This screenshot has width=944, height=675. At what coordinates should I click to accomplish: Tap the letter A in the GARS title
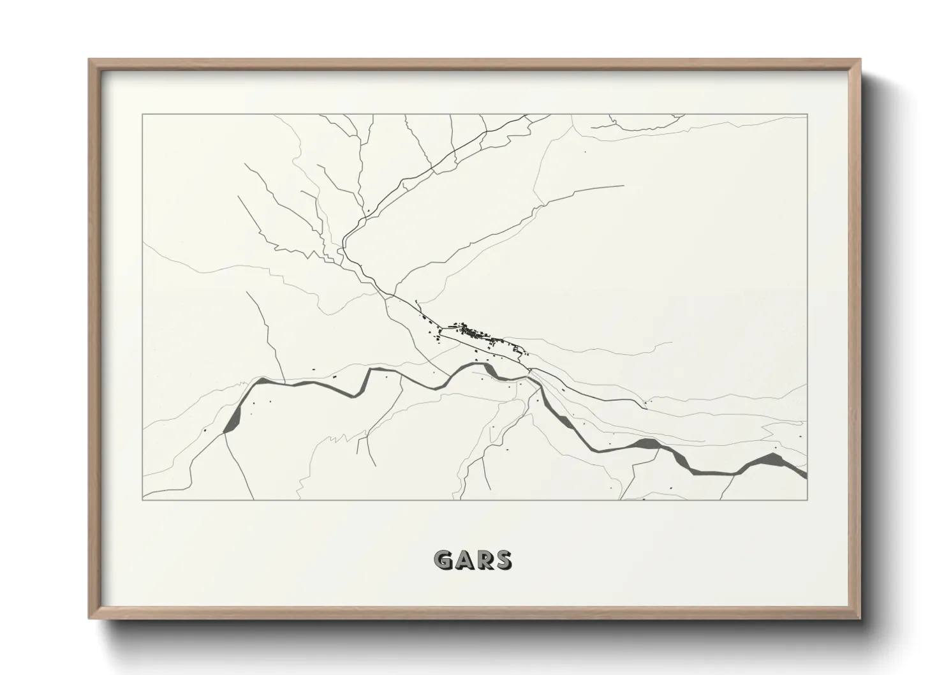point(464,560)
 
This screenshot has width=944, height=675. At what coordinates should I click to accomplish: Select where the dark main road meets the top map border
point(527,115)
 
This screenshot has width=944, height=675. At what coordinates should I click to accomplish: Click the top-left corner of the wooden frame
point(89,60)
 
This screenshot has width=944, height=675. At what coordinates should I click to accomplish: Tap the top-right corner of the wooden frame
point(860,60)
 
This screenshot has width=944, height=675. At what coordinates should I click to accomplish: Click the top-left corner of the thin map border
point(143,115)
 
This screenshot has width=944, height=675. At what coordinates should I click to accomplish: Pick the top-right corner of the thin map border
point(807,115)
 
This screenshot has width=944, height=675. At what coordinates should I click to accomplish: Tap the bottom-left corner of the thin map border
point(143,500)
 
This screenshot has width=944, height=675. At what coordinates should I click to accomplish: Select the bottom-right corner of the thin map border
point(807,500)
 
